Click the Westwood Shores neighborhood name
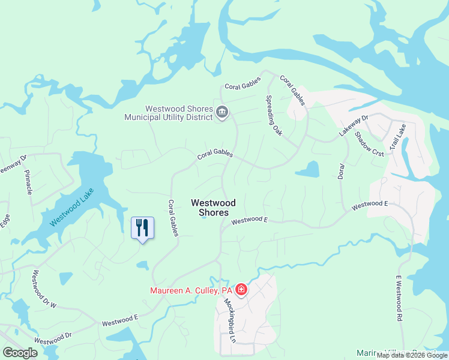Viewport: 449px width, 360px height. [213, 208]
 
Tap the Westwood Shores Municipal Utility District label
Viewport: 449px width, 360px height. [169, 113]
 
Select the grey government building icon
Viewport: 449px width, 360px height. [222, 112]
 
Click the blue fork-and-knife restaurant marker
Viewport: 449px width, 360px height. [142, 228]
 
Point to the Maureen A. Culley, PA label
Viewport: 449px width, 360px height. [191, 291]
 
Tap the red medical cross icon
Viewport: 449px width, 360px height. [241, 290]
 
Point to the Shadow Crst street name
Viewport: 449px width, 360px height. [369, 145]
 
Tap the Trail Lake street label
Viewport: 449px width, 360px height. [397, 137]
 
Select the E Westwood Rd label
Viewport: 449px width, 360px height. [398, 298]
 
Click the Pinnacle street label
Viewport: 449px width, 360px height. [28, 182]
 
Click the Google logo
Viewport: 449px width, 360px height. [20, 352]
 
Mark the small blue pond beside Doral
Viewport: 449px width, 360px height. [307, 170]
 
